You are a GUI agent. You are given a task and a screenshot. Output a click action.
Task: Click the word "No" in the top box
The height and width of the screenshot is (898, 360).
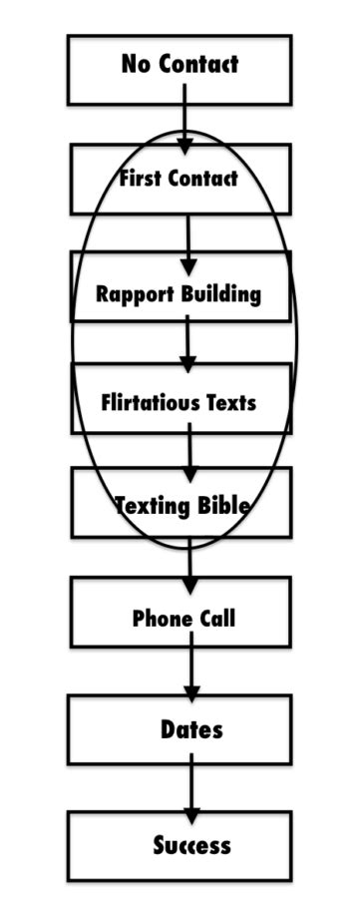coord(136,65)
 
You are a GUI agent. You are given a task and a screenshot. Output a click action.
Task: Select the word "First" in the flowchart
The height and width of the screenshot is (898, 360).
coord(141,180)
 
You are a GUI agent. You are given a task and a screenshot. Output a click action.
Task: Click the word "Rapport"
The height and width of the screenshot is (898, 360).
coord(135,294)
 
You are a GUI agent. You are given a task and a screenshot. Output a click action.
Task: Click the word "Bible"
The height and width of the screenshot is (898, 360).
coord(220,505)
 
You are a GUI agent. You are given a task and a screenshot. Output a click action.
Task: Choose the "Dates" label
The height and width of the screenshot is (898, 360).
coord(191,730)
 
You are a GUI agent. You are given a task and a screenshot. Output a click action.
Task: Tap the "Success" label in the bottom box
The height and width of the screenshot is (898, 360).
coord(191,846)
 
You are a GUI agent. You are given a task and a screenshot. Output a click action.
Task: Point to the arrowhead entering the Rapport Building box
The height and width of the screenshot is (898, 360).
coord(187,267)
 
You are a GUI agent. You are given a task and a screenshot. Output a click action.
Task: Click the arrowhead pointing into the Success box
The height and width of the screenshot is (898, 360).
coord(191,814)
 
